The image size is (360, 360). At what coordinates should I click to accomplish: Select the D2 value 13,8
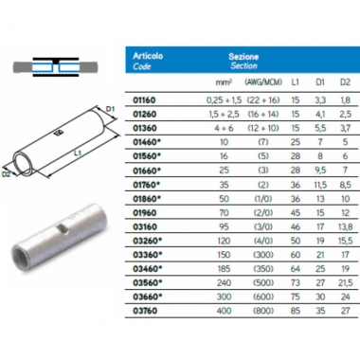click(345, 227)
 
